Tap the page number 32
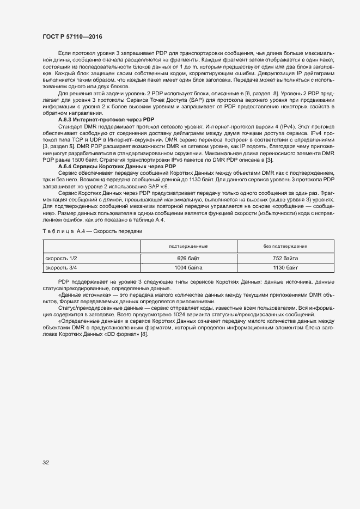[x=46, y=462]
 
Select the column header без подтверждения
[x=285, y=247]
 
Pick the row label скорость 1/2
[x=61, y=258]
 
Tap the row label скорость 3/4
[x=61, y=268]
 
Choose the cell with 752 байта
[x=285, y=258]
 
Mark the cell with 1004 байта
[x=188, y=268]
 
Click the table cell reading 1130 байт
[x=285, y=268]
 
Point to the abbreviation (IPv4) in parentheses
[x=289, y=126]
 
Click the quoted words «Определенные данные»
[x=86, y=321]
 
